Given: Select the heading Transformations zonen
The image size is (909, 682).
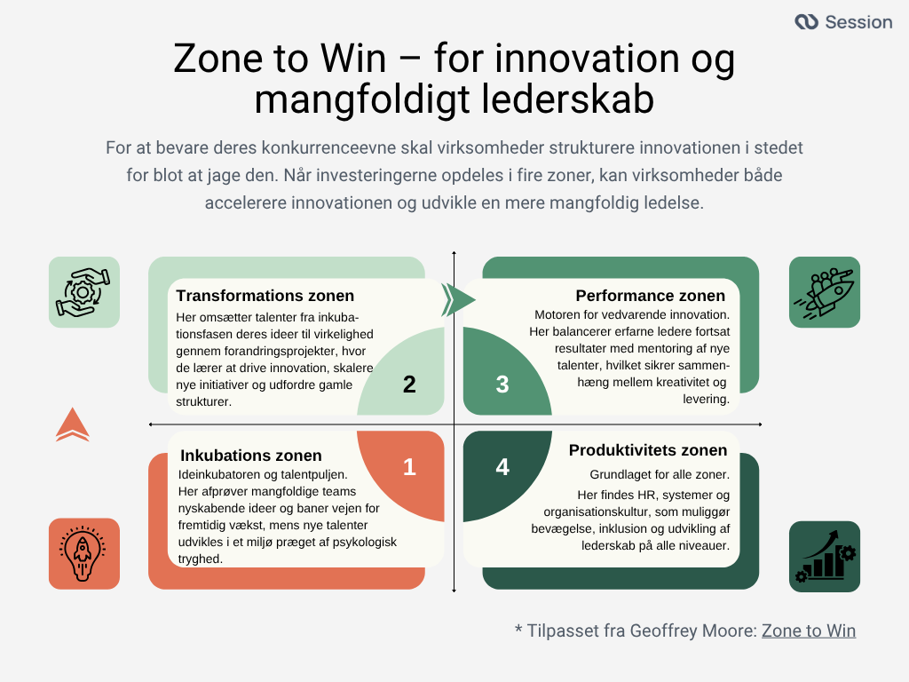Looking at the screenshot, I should point(265,296).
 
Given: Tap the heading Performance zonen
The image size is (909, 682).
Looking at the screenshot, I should point(650,296).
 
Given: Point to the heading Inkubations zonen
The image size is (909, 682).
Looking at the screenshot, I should point(251,456).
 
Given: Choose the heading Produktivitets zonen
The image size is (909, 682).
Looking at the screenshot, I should point(648,450).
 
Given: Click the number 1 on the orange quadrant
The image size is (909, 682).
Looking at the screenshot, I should point(409,467).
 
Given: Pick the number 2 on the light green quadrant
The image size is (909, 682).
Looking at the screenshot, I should point(409,385).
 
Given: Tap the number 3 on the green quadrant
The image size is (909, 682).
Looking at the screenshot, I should point(502,385).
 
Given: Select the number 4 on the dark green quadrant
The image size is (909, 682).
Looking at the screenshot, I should point(502,467).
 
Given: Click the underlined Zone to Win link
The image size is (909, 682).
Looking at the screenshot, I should point(809,630).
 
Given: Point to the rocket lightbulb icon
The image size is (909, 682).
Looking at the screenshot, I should point(83,553).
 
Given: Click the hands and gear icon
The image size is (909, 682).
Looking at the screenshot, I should point(83,292).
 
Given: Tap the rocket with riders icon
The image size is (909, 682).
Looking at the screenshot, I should point(825,292).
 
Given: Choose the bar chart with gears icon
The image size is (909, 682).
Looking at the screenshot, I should point(825,557).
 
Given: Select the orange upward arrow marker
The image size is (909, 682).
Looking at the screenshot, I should point(72,425).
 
